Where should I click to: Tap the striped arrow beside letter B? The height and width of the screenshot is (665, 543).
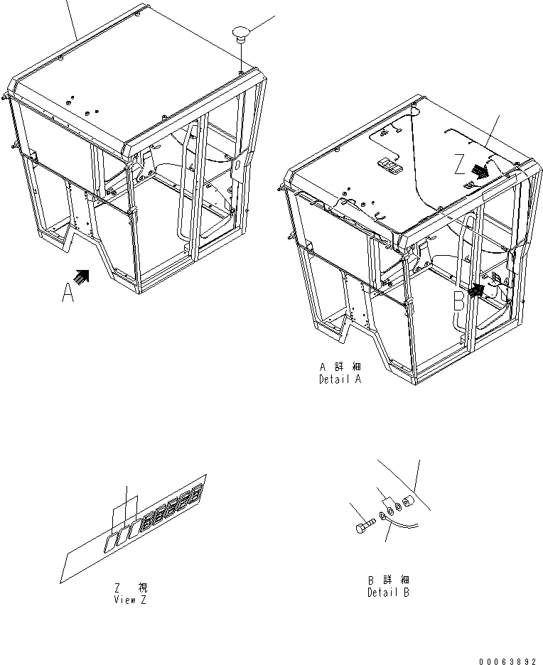point(477,290)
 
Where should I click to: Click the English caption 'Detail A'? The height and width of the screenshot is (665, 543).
point(340,380)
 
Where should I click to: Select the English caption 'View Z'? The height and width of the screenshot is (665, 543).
point(131,599)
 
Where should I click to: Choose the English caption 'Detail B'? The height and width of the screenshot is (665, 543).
point(388,593)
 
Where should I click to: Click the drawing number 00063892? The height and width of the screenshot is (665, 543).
point(507,661)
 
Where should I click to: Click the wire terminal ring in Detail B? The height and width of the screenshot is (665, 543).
point(385,517)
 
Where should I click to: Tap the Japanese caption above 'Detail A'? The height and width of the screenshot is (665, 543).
point(340,368)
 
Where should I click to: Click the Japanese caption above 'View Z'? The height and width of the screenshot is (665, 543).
point(131,588)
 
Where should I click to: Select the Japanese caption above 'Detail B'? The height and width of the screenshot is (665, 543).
point(388,581)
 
